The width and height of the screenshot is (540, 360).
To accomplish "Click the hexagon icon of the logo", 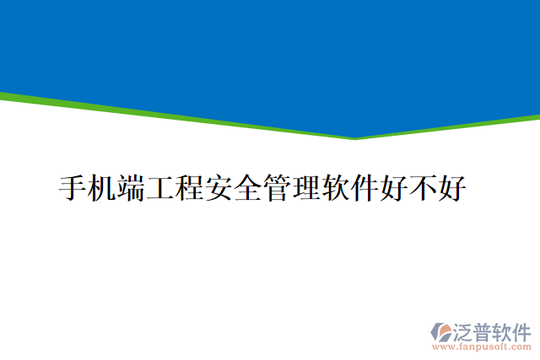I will (x=441, y=331).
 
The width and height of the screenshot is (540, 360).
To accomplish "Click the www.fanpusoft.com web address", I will (x=482, y=347).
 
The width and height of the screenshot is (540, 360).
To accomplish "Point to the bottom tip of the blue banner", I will (x=354, y=137).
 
